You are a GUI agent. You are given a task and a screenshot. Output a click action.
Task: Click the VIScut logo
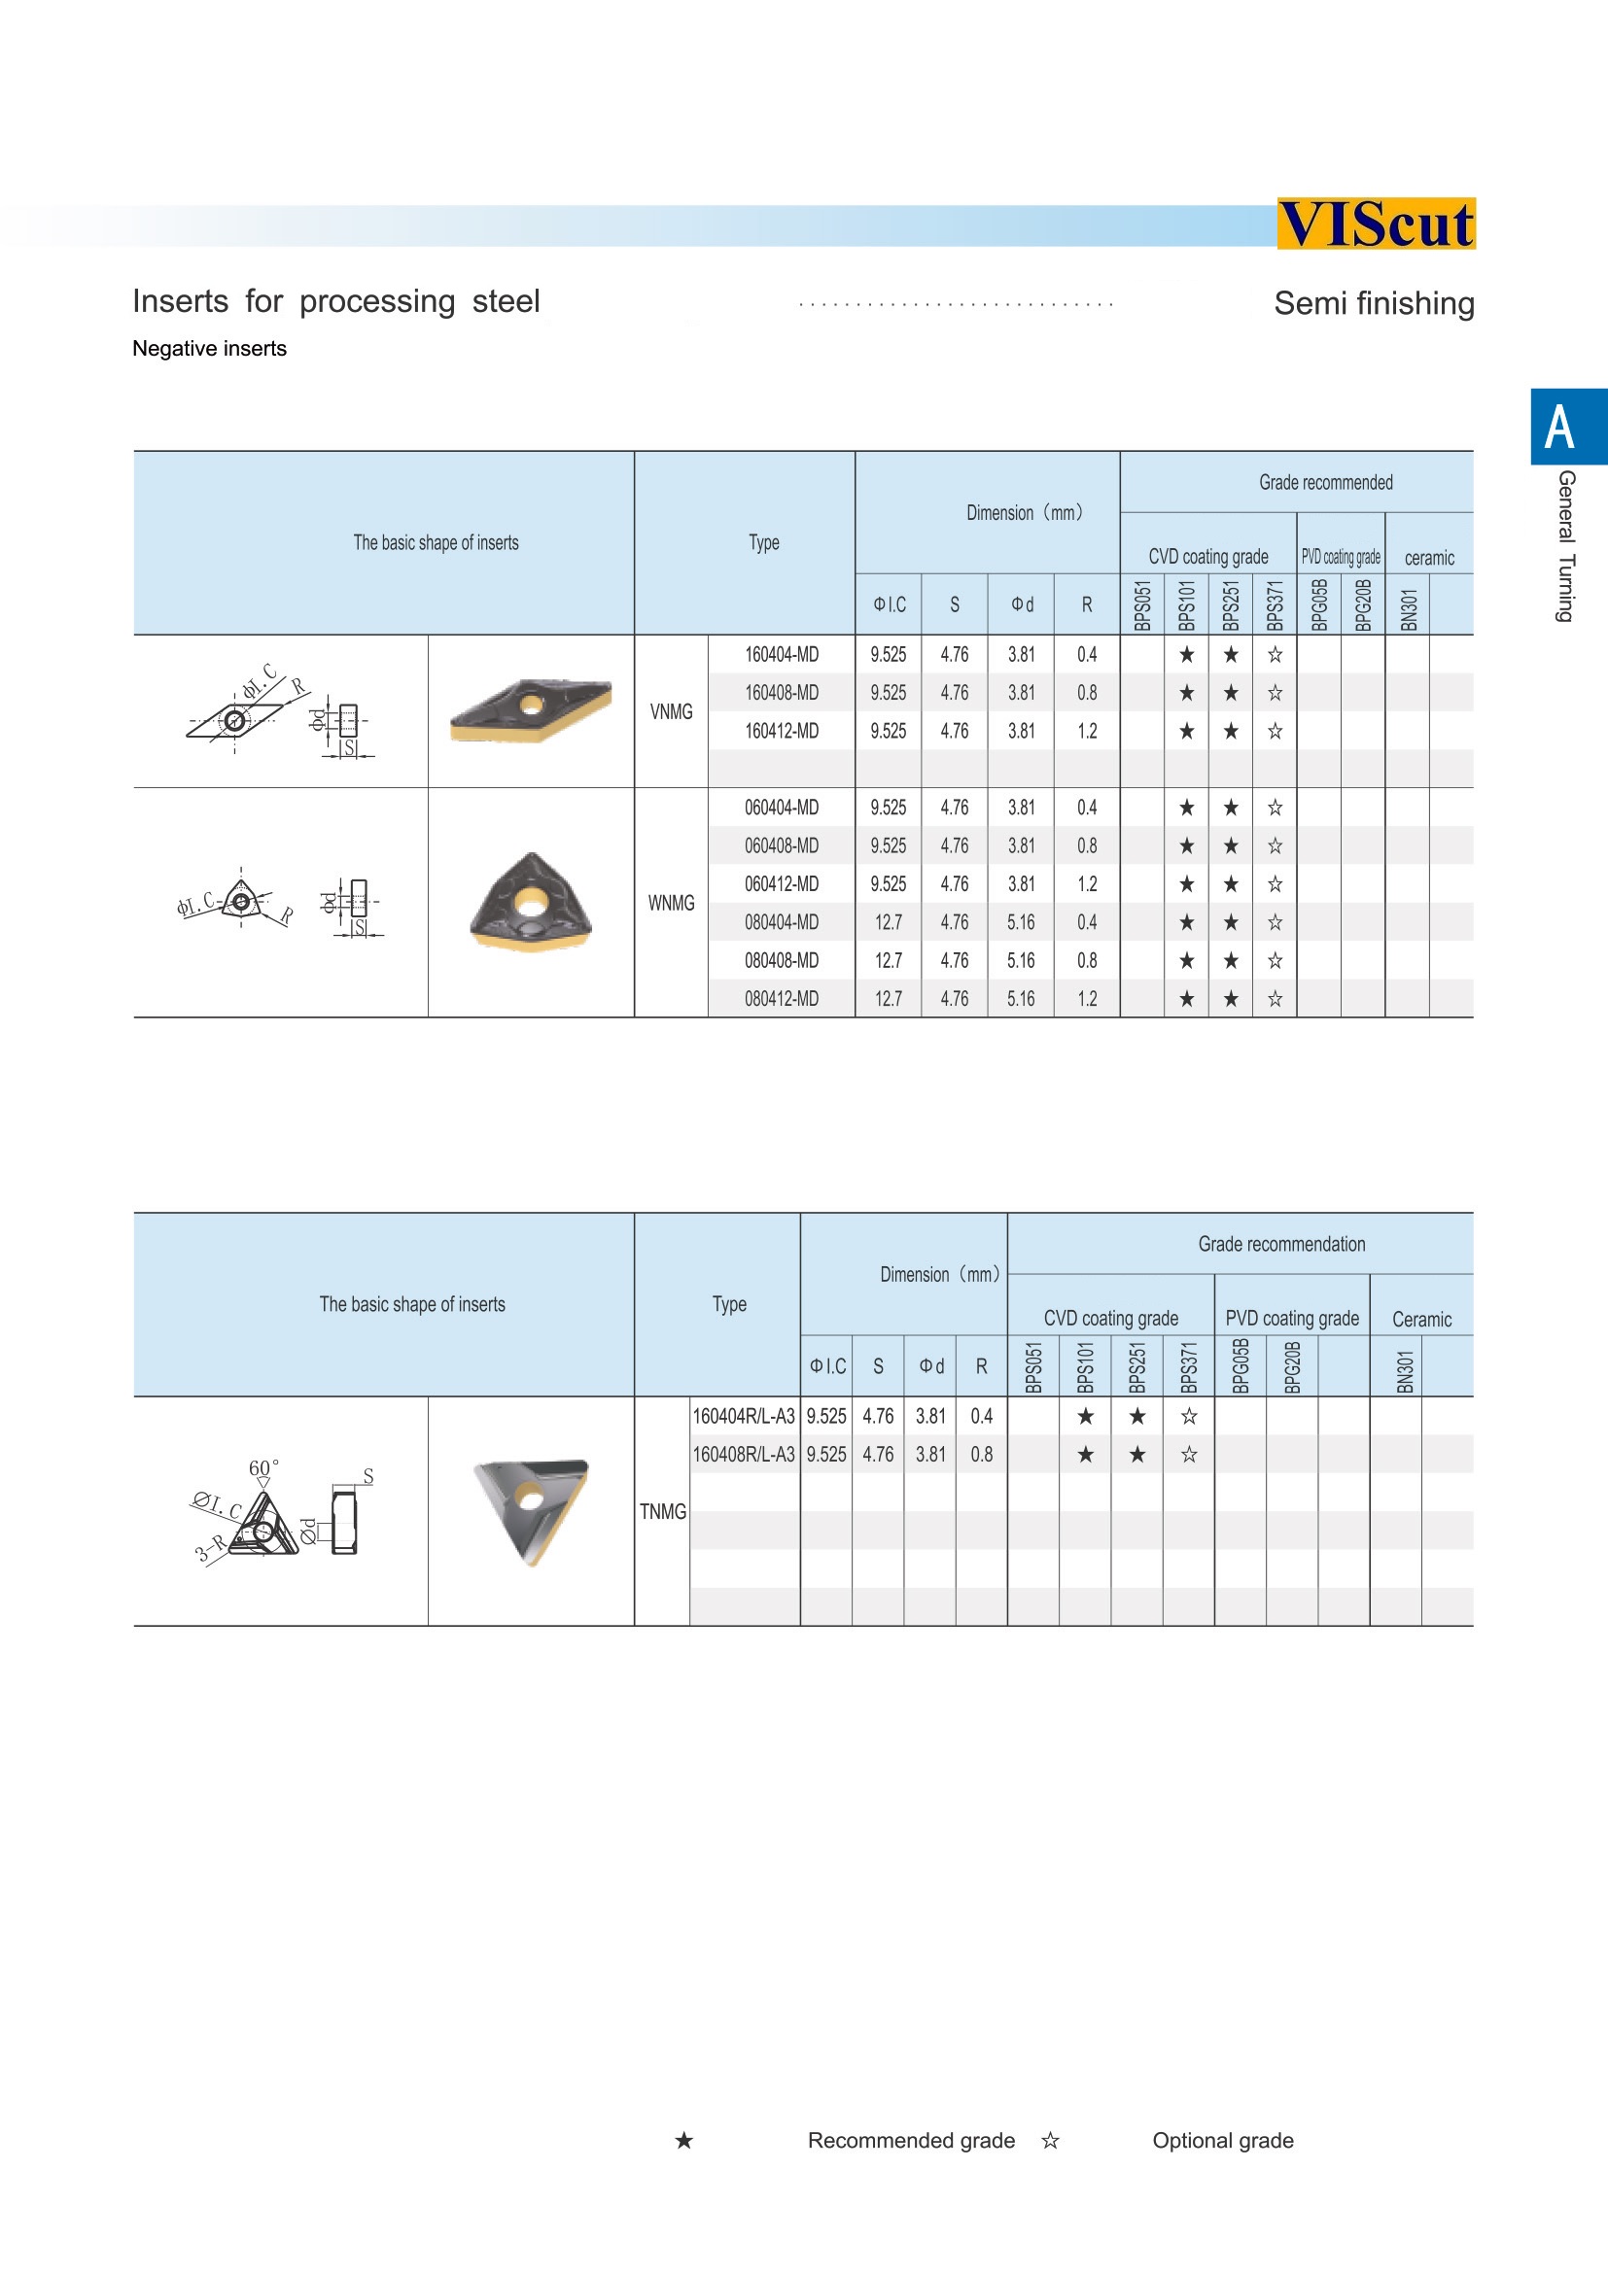[x=1376, y=224]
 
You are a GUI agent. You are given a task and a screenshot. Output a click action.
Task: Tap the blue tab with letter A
[x=1567, y=427]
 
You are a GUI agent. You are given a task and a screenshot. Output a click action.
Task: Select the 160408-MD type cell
[x=782, y=693]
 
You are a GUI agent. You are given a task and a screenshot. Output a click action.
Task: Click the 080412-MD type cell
[x=782, y=999]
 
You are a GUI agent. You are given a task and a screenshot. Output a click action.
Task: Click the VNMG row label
[x=672, y=711]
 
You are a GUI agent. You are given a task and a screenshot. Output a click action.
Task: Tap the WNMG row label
[x=672, y=903]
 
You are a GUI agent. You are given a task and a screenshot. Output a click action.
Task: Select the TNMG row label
[x=662, y=1512]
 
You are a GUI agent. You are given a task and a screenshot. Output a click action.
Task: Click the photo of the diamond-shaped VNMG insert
[x=531, y=708]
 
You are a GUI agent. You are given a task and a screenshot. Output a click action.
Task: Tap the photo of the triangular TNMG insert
[x=532, y=1510]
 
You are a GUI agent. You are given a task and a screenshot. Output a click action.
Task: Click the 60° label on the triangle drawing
[x=262, y=1467]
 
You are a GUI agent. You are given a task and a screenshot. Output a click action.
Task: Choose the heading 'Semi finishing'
[x=1374, y=304]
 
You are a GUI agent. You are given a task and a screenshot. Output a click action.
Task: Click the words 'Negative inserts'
[x=210, y=349]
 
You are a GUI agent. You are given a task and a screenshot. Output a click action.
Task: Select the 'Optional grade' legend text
[x=1223, y=2140]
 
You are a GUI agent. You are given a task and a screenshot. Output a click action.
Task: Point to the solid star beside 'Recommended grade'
[x=684, y=2140]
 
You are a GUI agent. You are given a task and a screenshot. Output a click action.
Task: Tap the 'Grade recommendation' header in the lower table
[x=1281, y=1245]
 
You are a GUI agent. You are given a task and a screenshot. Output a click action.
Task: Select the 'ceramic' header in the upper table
[x=1429, y=559]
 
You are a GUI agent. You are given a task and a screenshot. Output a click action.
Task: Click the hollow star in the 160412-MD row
[x=1276, y=732]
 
